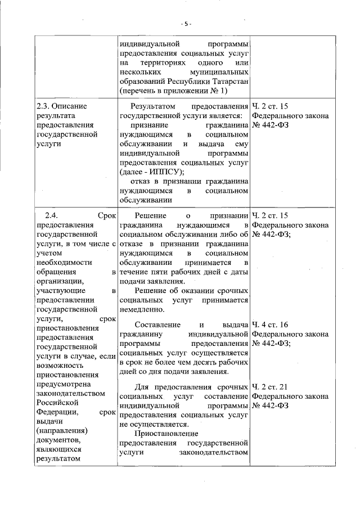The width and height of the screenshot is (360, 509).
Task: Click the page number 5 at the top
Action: pos(186,24)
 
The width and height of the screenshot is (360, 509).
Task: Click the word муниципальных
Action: pos(220,73)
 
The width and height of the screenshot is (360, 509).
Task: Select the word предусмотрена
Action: pos(62,384)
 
